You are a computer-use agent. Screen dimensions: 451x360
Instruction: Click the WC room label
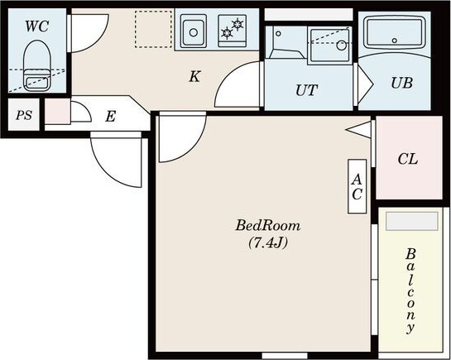click(36, 26)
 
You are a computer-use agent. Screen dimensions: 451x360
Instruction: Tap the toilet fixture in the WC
click(36, 65)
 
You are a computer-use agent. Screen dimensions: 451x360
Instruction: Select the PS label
click(24, 115)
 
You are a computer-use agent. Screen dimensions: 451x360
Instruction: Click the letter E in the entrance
click(110, 117)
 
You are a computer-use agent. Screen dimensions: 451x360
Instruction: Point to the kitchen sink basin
click(194, 31)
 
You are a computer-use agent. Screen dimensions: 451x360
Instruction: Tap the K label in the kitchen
click(194, 76)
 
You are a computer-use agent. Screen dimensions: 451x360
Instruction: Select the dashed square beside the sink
click(154, 29)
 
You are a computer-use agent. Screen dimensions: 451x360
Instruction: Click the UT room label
click(307, 90)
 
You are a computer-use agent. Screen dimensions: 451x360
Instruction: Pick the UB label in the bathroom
click(402, 83)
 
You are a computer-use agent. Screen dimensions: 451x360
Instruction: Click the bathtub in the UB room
click(395, 32)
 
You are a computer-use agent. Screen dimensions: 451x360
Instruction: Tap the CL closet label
click(408, 159)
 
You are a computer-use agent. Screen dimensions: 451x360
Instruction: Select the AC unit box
click(357, 186)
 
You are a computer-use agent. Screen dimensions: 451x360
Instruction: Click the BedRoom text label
click(268, 225)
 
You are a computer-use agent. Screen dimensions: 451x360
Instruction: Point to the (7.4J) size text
click(268, 243)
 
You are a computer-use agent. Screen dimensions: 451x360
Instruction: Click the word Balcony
click(410, 290)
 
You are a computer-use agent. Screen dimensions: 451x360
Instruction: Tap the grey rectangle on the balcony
click(412, 221)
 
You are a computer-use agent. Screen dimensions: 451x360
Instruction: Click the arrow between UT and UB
click(365, 84)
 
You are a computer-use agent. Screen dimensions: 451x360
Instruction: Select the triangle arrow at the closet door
click(358, 130)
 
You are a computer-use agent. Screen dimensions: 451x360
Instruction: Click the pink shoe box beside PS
click(58, 111)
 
